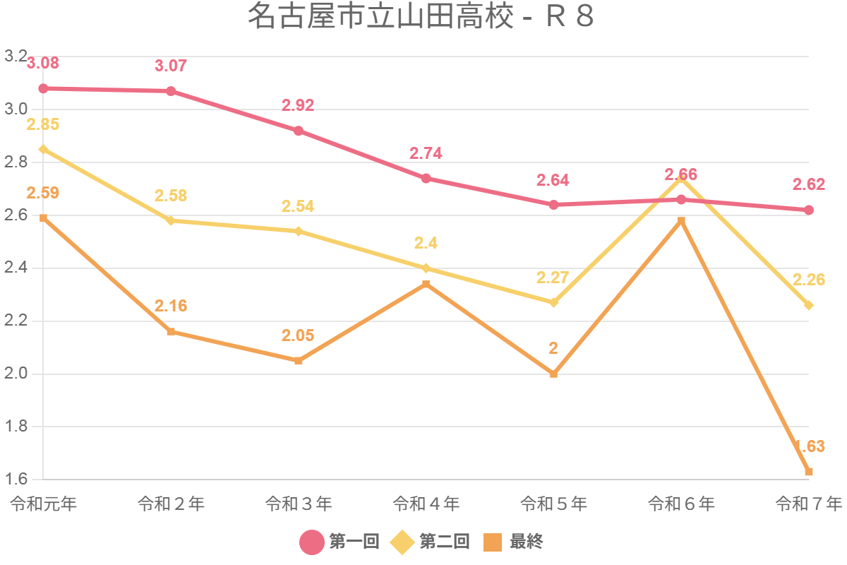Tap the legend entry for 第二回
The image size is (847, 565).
pos(431,542)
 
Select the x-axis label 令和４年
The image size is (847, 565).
pos(426,504)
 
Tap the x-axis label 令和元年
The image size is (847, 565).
pos(43,504)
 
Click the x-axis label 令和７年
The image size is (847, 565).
pos(808,504)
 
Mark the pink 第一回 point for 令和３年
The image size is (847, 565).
pos(299,131)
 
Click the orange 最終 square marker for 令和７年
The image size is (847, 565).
pos(809,472)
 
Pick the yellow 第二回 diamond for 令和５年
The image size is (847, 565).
pos(554,302)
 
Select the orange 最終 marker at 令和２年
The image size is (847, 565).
pos(171,331)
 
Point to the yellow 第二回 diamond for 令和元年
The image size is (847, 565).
pos(43,149)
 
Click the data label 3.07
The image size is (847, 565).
pos(171,66)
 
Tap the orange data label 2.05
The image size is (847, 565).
pos(298,335)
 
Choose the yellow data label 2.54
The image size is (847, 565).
pos(298,206)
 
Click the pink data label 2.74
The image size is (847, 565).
pos(426,153)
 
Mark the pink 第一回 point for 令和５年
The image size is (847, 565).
pos(554,205)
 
